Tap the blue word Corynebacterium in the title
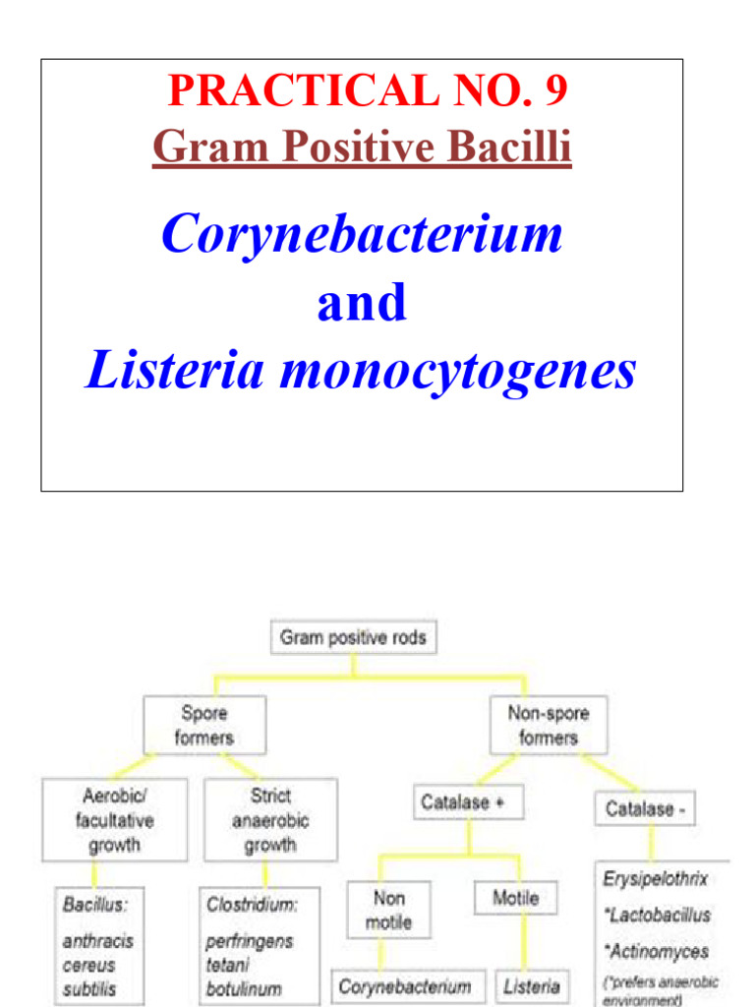(x=362, y=235)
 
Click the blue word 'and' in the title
(x=361, y=303)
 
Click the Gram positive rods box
(x=353, y=638)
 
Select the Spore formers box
(x=204, y=726)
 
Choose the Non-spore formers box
(x=548, y=726)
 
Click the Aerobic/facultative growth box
(x=114, y=820)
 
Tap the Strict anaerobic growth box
(x=270, y=820)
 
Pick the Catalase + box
(x=468, y=802)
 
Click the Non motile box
(x=388, y=910)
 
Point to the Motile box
(x=515, y=898)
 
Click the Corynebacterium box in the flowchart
(x=404, y=986)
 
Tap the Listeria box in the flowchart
(x=532, y=986)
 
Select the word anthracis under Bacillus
(x=97, y=940)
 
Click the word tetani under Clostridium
(x=228, y=965)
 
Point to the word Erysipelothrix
(x=655, y=878)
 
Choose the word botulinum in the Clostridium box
(x=244, y=988)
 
